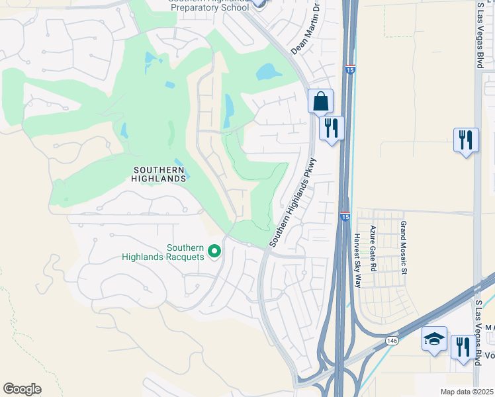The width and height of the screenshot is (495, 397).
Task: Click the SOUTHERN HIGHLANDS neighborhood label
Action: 159,173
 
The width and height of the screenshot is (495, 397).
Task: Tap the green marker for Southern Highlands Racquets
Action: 214,251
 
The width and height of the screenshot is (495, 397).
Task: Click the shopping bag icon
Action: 320,101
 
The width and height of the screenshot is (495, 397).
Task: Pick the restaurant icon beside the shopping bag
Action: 332,127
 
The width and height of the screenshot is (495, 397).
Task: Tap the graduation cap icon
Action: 434,339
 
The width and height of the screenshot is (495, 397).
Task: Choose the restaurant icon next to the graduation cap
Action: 463,346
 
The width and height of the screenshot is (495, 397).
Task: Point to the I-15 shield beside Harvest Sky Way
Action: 345,216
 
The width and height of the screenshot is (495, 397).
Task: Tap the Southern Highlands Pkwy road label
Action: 294,202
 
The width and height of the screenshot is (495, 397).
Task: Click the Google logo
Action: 22,389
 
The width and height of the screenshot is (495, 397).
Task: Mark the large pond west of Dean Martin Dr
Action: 269,71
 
